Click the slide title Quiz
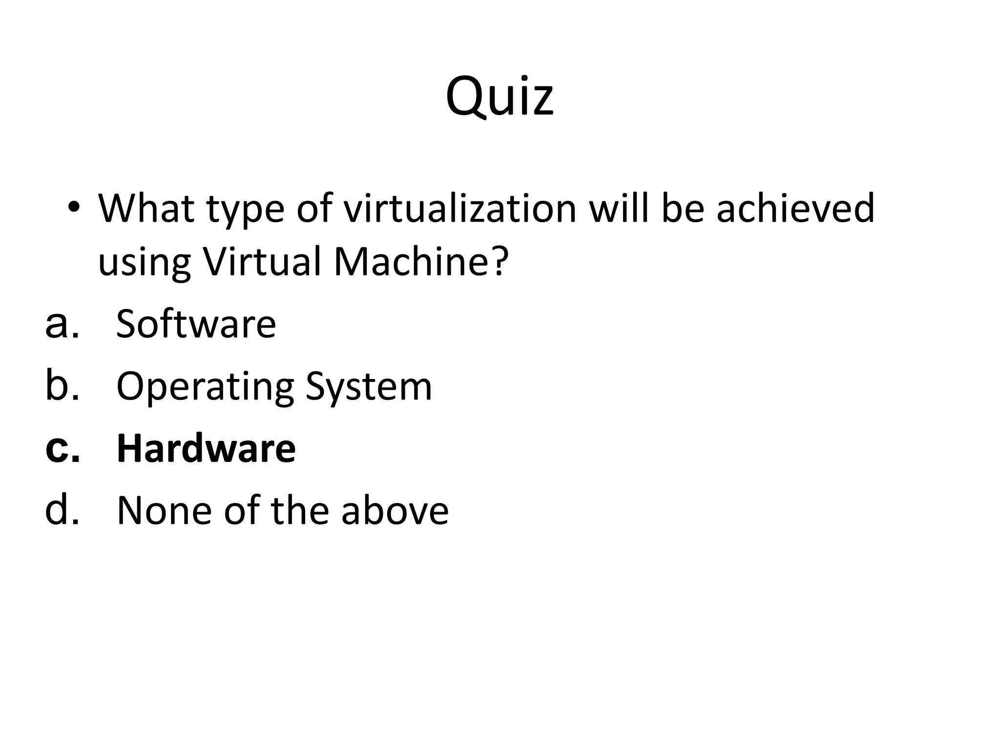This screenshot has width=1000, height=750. [500, 97]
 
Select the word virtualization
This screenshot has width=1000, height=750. [460, 209]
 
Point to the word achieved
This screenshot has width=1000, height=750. [795, 209]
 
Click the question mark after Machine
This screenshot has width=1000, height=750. [499, 262]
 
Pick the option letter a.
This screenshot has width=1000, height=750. [62, 325]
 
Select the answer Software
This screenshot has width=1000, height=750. [196, 324]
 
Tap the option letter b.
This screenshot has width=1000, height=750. [62, 386]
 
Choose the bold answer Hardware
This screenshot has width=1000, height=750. [206, 448]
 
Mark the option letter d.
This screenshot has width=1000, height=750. [62, 510]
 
